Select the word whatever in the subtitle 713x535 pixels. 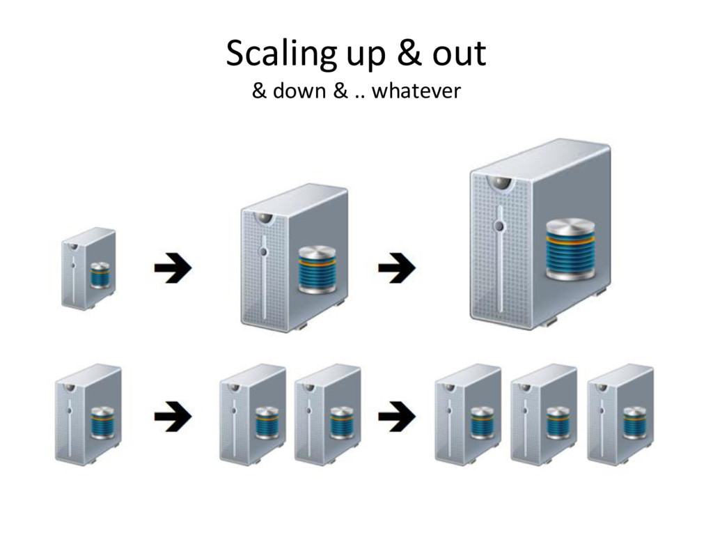tap(416, 91)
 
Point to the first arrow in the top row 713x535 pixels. tap(173, 269)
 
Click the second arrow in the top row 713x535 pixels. tap(397, 269)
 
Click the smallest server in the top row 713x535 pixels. tap(88, 268)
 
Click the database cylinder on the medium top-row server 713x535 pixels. tap(318, 270)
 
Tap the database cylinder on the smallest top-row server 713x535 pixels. tap(100, 275)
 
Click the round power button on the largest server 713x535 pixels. tap(499, 226)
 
